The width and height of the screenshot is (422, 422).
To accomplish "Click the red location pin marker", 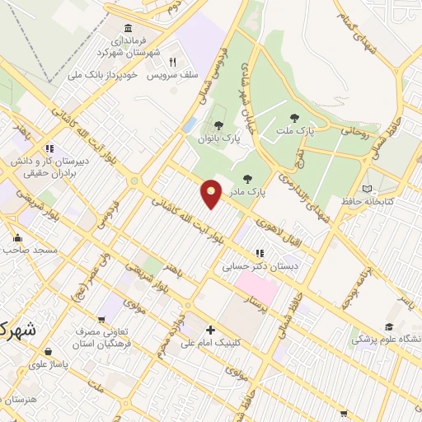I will point(212,193).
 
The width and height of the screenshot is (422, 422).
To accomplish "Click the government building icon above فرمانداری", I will point(127,27).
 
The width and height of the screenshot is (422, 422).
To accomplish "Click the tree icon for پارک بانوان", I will point(218,125).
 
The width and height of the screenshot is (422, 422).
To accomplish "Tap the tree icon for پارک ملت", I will point(294,118).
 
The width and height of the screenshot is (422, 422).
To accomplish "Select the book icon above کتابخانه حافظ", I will point(367,189).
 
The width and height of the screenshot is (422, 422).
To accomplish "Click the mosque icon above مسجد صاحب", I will point(17,238).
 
